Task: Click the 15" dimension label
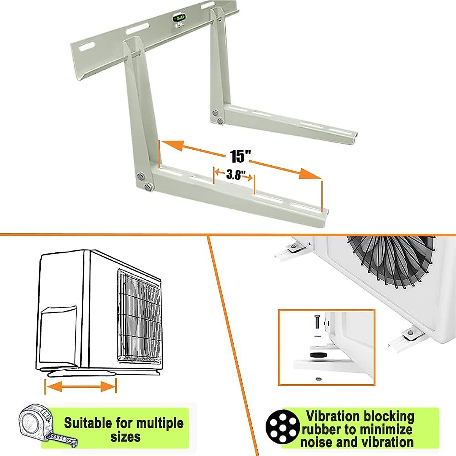(x=241, y=156)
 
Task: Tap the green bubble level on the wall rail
(x=178, y=17)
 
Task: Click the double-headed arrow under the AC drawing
(x=81, y=387)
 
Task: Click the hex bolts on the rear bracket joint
(x=217, y=116)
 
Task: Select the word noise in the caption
(x=318, y=442)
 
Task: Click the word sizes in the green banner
(x=126, y=437)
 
